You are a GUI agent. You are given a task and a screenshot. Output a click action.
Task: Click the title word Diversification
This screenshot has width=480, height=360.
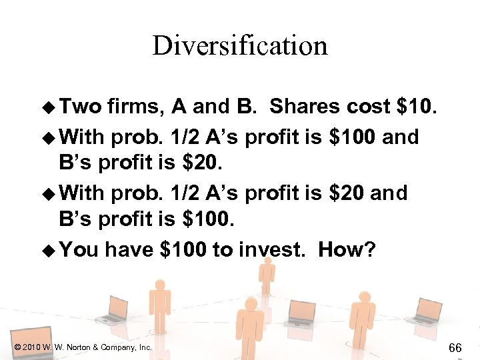point(240,45)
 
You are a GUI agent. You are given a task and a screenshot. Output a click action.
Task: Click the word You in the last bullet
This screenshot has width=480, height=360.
point(80,249)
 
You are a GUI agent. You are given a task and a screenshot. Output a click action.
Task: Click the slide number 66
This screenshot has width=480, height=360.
point(455,347)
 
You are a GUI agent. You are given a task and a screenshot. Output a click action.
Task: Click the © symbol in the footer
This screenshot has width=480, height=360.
point(17,347)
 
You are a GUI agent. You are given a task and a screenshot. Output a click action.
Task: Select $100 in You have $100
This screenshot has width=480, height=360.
point(184,249)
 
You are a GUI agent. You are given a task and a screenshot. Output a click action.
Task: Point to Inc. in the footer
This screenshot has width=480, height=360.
point(144,347)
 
